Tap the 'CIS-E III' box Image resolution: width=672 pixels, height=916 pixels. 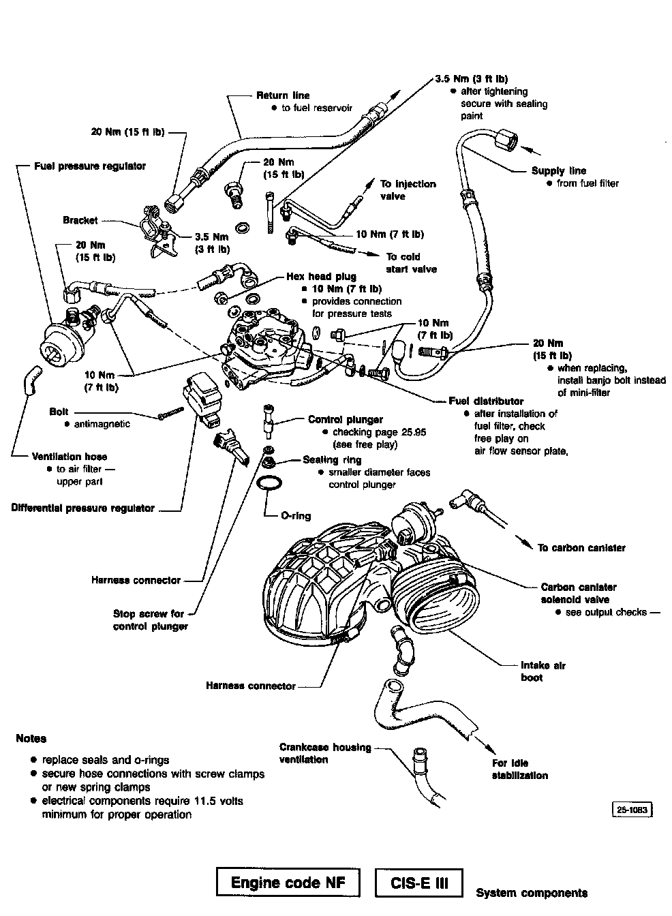point(419,883)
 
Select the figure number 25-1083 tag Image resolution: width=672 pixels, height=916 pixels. point(633,810)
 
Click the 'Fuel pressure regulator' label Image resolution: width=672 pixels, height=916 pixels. point(90,166)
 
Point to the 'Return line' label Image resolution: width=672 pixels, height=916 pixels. point(283,95)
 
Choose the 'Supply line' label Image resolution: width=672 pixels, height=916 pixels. point(558,171)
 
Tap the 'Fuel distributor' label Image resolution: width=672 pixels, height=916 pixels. point(486,401)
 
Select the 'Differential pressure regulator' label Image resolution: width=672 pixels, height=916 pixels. point(83,508)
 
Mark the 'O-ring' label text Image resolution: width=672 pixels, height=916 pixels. point(296,516)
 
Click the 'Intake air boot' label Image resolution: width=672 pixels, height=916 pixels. point(543,671)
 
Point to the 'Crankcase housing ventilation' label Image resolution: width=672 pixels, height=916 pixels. point(325,753)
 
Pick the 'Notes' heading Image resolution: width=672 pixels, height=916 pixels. point(31,738)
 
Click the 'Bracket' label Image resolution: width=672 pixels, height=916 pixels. point(80,220)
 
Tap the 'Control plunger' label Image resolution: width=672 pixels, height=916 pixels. point(346,420)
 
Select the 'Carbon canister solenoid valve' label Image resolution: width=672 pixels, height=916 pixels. point(579,593)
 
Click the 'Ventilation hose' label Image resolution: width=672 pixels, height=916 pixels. point(70,457)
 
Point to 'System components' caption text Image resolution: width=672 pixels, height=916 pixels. point(532,893)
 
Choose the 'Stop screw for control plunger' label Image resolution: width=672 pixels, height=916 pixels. point(150,620)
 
